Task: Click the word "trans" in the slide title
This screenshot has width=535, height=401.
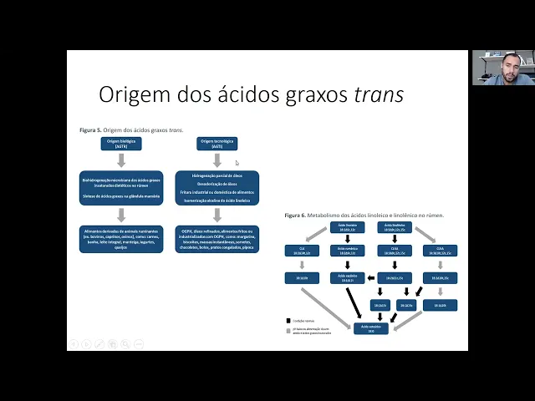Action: click(x=379, y=94)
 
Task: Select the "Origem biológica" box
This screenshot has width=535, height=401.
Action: click(x=121, y=144)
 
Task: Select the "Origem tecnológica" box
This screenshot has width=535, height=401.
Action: click(x=217, y=144)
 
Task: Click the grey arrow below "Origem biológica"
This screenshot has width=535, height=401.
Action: click(x=121, y=160)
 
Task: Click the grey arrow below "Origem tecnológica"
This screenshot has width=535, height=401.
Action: click(x=217, y=160)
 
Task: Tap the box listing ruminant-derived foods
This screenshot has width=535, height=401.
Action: click(x=121, y=238)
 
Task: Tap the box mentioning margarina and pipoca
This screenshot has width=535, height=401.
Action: click(x=217, y=238)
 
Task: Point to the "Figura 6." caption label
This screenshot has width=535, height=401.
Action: click(x=295, y=216)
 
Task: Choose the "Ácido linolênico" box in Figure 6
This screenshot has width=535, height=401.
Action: click(x=394, y=227)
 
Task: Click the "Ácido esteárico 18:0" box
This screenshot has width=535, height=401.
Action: click(x=370, y=330)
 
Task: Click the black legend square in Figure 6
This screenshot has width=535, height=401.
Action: click(x=288, y=319)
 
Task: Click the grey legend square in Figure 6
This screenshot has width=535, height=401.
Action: click(x=288, y=332)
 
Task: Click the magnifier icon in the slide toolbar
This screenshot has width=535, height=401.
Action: click(x=125, y=343)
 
